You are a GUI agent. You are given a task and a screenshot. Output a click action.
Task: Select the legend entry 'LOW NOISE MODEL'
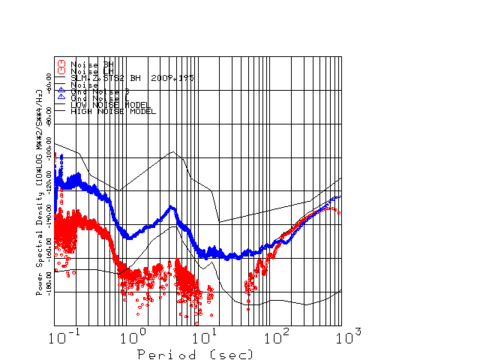click(x=110, y=105)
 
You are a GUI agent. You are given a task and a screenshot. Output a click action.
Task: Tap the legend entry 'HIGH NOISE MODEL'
click(x=112, y=111)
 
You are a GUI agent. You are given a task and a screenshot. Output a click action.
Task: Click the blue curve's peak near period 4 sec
click(x=172, y=207)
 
